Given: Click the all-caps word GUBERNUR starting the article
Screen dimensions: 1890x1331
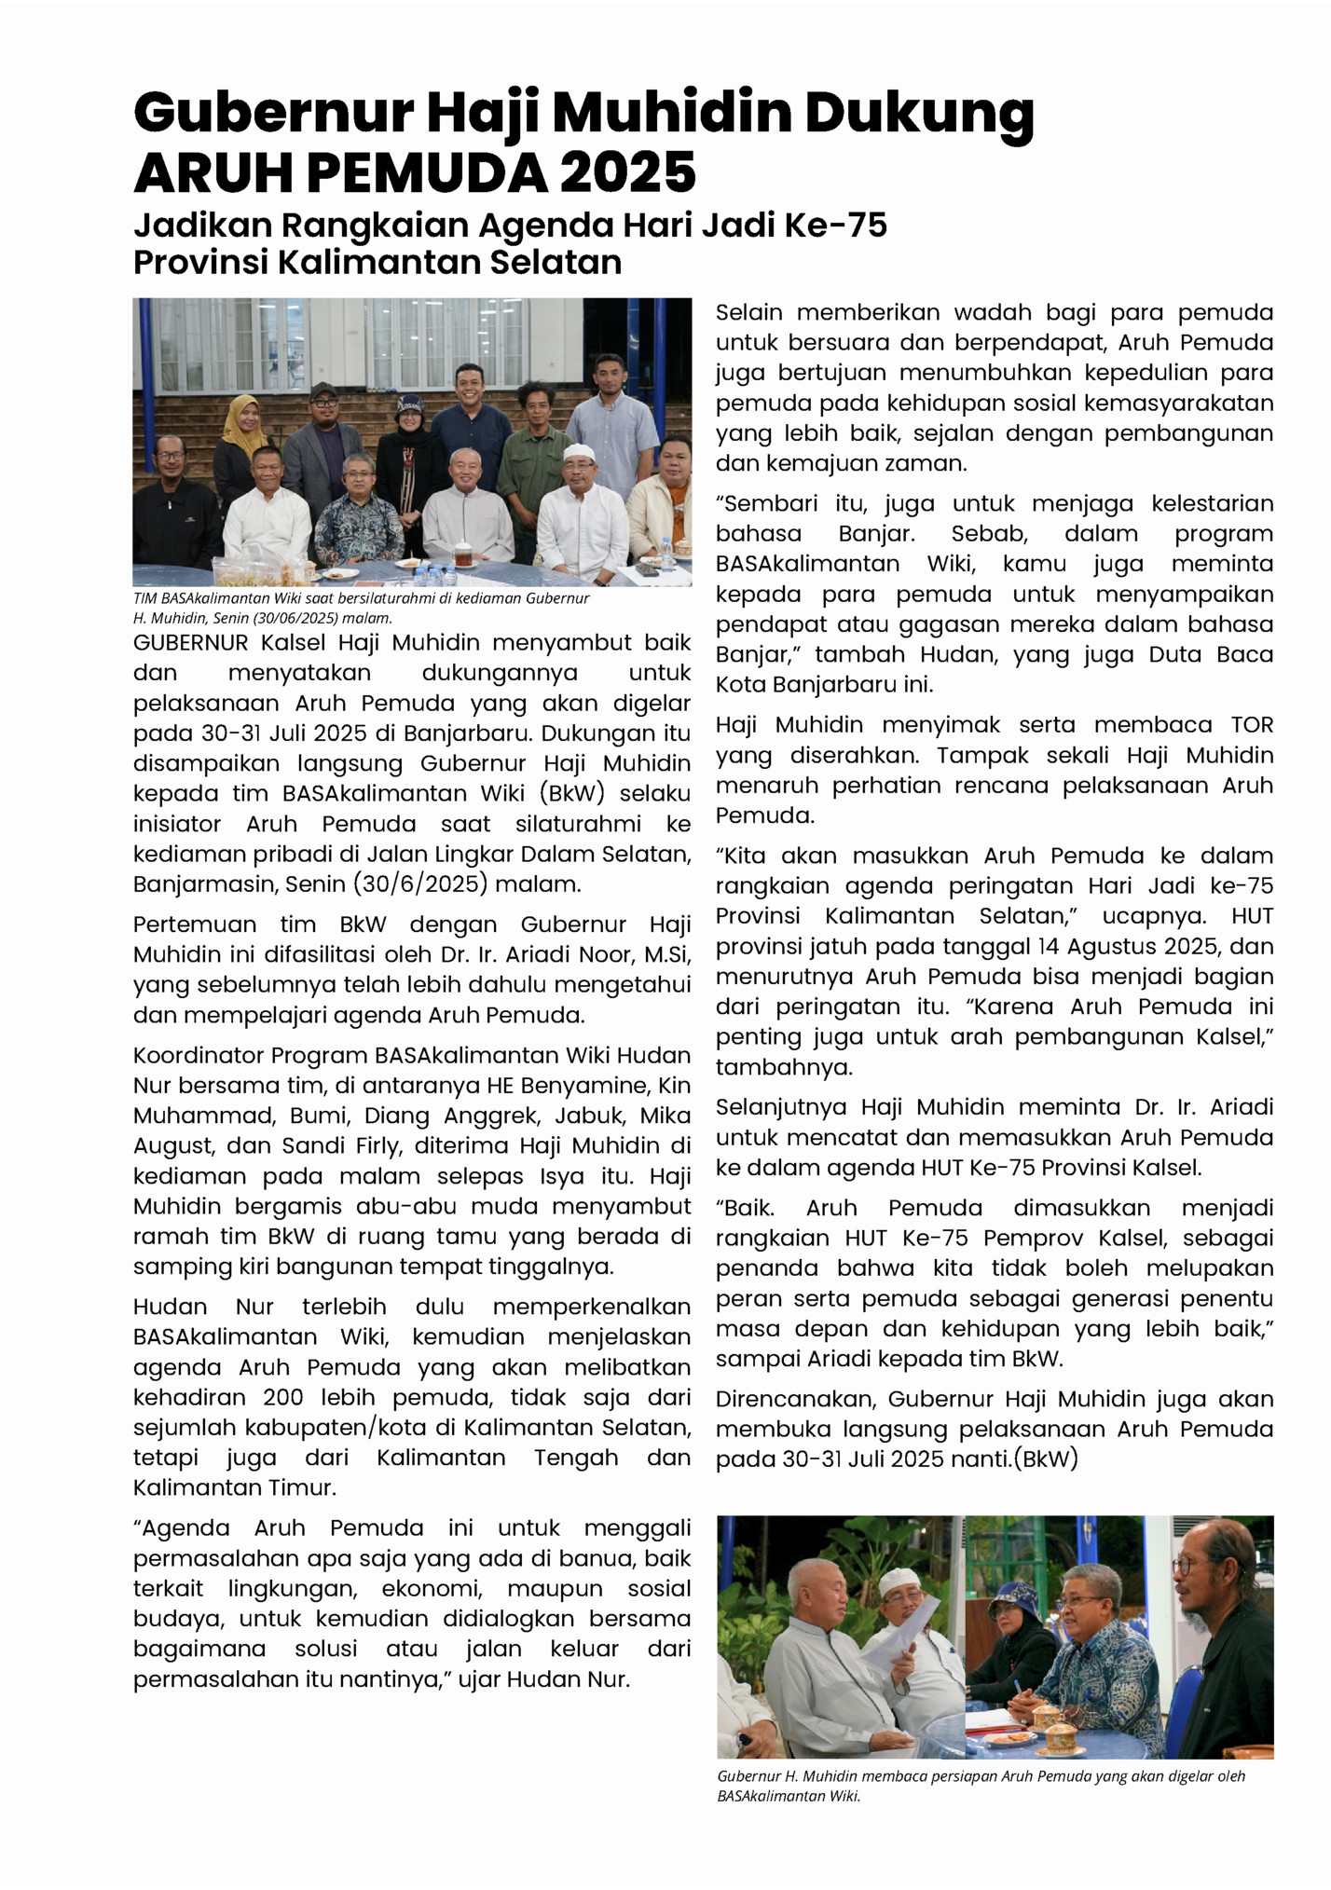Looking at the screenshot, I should tap(190, 642).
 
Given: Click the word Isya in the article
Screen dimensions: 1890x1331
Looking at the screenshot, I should tap(562, 1176).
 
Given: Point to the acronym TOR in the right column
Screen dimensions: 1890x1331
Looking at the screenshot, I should tap(1252, 725).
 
